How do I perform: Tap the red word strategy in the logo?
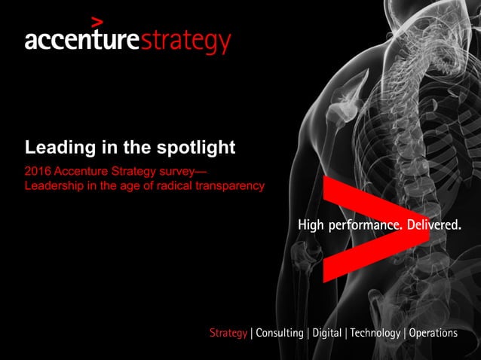click(185, 42)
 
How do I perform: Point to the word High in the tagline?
click(311, 225)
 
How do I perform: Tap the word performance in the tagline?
click(365, 225)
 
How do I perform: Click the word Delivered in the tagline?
click(434, 225)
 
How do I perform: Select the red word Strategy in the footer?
click(228, 333)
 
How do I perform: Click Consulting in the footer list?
click(280, 333)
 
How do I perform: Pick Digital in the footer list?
click(326, 333)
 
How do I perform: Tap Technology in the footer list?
click(375, 333)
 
